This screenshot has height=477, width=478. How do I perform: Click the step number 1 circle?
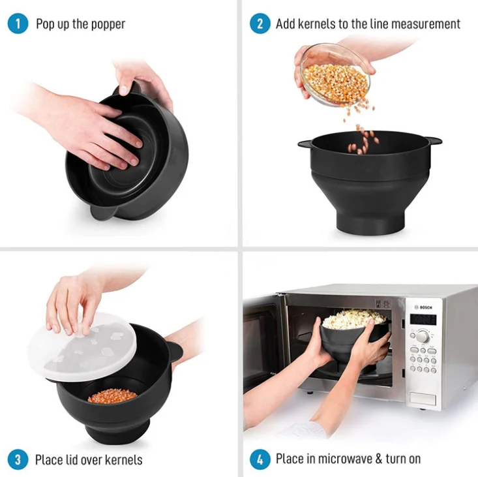click(x=18, y=24)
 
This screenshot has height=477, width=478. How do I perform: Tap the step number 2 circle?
click(x=260, y=24)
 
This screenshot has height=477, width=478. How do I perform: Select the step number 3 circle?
click(x=18, y=459)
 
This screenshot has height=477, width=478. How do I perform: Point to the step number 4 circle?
click(x=260, y=459)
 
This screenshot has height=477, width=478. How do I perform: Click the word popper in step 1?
click(x=108, y=25)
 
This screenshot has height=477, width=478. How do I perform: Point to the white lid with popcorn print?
click(x=82, y=348)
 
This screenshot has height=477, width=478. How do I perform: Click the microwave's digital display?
click(x=423, y=320)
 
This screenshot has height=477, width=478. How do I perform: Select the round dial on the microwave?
click(x=423, y=336)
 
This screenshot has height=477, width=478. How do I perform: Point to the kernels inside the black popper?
click(x=112, y=395)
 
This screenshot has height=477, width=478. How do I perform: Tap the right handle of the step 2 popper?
click(x=432, y=140)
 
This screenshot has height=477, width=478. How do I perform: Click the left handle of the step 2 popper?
click(x=305, y=142)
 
